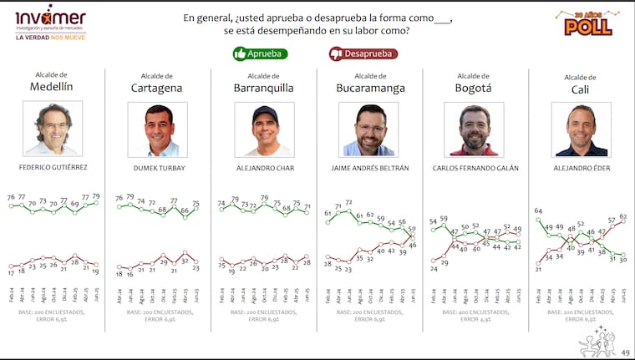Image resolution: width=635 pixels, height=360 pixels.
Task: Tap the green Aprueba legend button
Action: click(260, 53)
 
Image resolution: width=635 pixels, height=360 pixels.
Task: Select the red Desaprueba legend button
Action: click(363, 53)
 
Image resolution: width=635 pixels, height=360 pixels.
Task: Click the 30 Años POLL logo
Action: click(588, 23)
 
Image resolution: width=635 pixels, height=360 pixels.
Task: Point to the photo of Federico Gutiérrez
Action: click(53, 129)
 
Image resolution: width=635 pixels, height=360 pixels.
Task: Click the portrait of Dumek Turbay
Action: click(157, 129)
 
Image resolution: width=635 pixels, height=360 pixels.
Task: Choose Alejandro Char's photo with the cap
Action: click(264, 129)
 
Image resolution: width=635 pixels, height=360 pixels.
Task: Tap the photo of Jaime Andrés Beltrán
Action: click(368, 129)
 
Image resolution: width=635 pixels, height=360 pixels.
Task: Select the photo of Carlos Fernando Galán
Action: click(474, 129)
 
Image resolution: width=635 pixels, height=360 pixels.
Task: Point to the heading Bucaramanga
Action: click(370, 88)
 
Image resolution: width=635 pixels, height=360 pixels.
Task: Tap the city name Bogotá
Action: click(473, 88)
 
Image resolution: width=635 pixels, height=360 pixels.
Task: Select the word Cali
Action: click(580, 89)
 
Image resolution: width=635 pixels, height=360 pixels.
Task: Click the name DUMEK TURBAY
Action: click(158, 168)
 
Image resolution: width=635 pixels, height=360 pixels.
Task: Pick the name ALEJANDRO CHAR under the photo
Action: click(264, 168)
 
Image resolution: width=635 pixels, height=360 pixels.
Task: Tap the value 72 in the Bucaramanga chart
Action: click(348, 202)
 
